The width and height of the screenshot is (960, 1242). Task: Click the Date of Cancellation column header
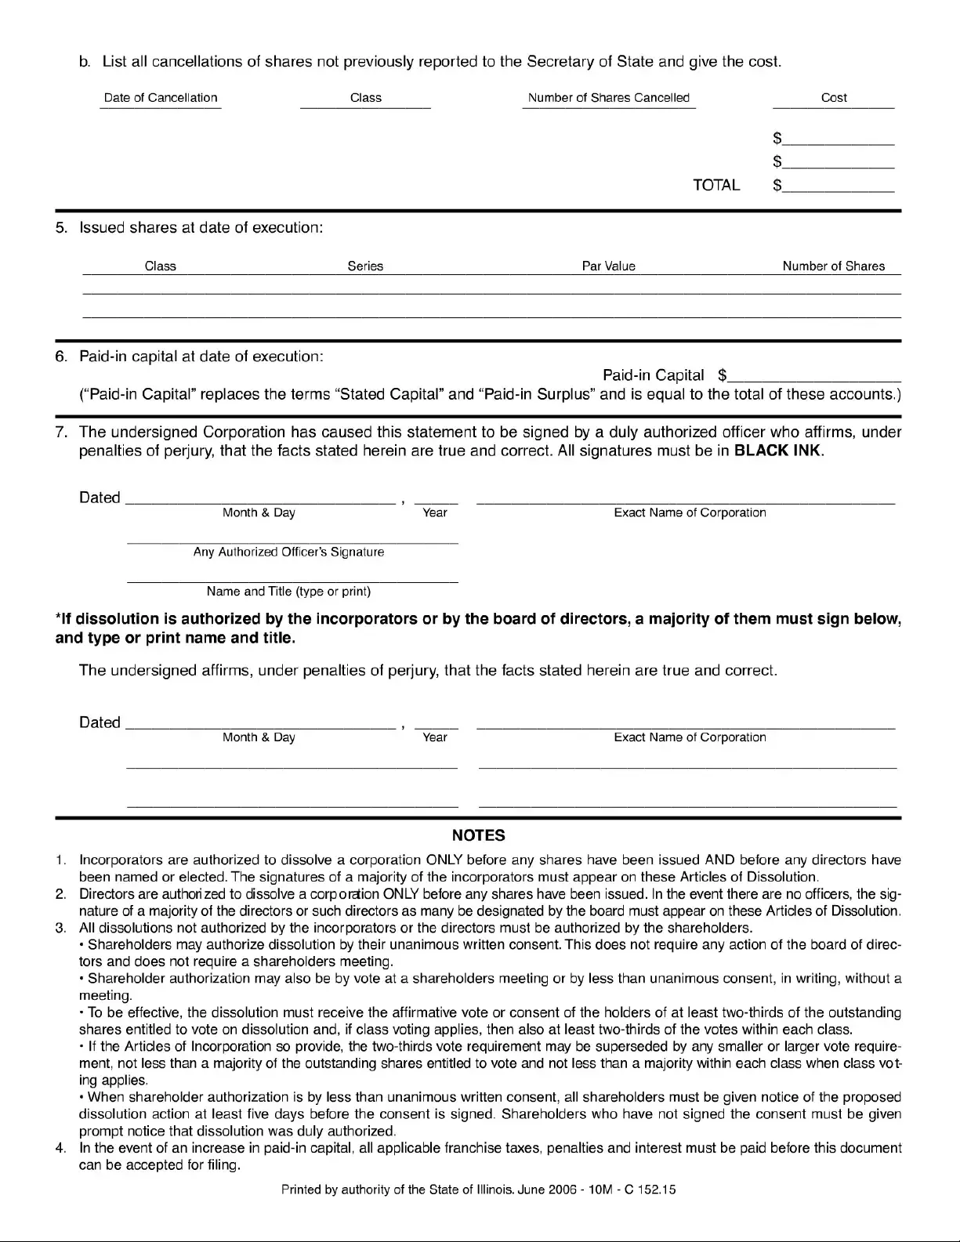(x=161, y=98)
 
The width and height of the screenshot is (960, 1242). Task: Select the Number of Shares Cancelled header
(x=608, y=98)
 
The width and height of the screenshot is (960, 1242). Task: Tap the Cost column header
(x=834, y=98)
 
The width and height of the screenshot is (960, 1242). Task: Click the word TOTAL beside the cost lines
(x=716, y=186)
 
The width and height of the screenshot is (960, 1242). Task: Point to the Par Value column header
(x=608, y=266)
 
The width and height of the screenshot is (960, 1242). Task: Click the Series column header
(x=365, y=266)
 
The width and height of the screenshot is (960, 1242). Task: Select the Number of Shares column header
(x=833, y=266)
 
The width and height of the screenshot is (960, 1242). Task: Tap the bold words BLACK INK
(x=777, y=451)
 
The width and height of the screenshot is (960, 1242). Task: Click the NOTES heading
(x=478, y=835)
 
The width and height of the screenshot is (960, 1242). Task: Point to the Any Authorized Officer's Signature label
(x=288, y=552)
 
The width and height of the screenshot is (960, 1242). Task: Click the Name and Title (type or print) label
(x=288, y=592)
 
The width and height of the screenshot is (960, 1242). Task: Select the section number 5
(x=61, y=228)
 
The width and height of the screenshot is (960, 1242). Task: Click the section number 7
(x=61, y=433)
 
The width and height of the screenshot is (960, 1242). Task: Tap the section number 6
(x=61, y=357)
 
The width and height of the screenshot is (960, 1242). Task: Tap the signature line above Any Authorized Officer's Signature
(x=292, y=542)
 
